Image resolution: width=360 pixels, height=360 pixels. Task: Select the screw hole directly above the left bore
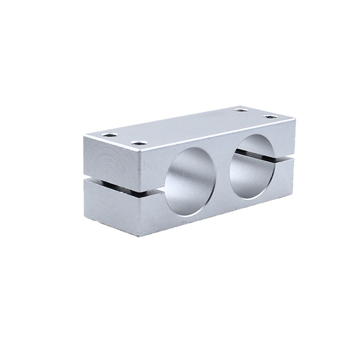click(139, 143)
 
